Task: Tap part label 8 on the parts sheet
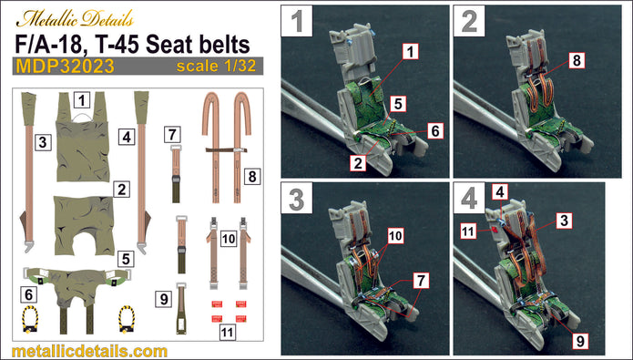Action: pyautogui.click(x=252, y=174)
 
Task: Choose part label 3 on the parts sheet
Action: pyautogui.click(x=42, y=142)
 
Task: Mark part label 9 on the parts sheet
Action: pyautogui.click(x=162, y=298)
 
